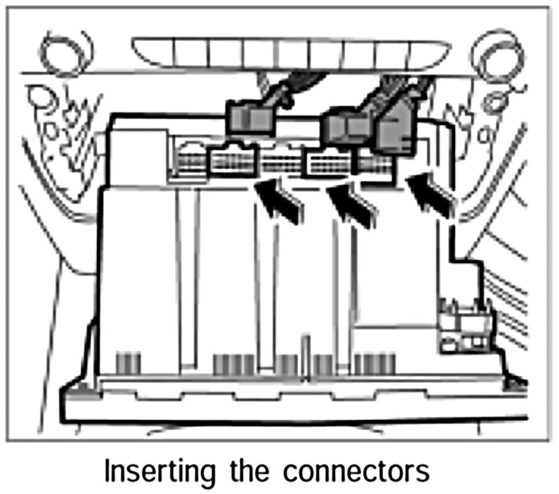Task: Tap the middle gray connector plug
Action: tap(345, 128)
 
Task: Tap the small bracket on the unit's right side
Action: tap(463, 324)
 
